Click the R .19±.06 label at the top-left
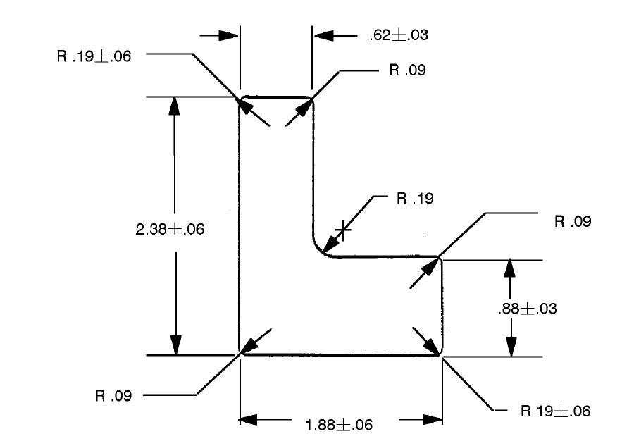pos(93,56)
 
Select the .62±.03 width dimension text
pos(399,35)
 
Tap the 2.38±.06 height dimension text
pos(169,229)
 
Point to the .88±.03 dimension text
pos(528,309)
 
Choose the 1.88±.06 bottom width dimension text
pos(338,425)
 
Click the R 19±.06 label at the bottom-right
pos(555,411)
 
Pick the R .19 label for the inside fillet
pos(414,199)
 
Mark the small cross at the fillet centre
pos(342,230)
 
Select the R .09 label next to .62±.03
pos(406,70)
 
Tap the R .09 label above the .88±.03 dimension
pos(572,221)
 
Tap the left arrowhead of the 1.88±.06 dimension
pos(251,419)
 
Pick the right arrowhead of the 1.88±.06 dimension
pos(432,419)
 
